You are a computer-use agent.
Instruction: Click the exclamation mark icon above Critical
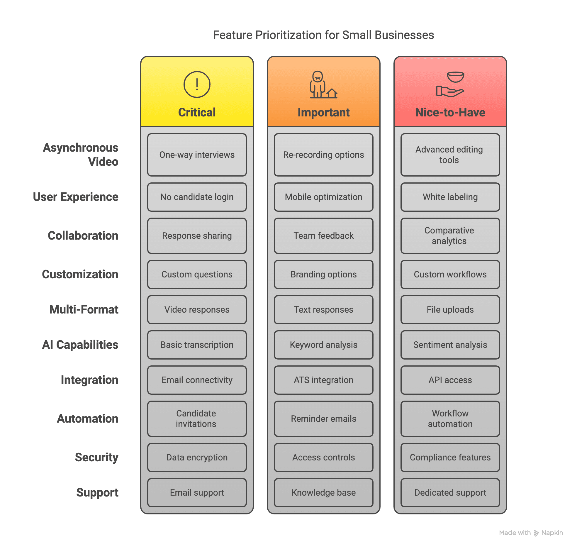point(197,84)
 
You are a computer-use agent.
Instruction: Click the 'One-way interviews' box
point(197,155)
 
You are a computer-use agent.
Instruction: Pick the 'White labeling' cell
point(450,197)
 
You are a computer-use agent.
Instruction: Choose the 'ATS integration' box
point(323,380)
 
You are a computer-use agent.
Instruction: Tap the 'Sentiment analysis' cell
point(450,345)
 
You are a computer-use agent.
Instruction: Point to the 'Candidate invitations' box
point(197,419)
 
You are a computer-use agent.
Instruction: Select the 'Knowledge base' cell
point(323,493)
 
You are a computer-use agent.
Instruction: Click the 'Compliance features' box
point(450,457)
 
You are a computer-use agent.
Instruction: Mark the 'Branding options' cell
point(323,274)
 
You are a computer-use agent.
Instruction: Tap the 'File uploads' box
point(450,310)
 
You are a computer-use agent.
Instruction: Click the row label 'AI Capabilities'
point(80,345)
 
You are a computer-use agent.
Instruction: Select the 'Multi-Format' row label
point(84,310)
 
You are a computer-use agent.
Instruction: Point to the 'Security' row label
point(96,457)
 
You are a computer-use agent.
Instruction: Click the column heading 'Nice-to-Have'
point(450,113)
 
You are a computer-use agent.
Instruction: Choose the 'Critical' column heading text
point(197,113)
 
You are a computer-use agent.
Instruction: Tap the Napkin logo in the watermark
point(536,533)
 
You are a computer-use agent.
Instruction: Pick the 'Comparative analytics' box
point(450,236)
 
